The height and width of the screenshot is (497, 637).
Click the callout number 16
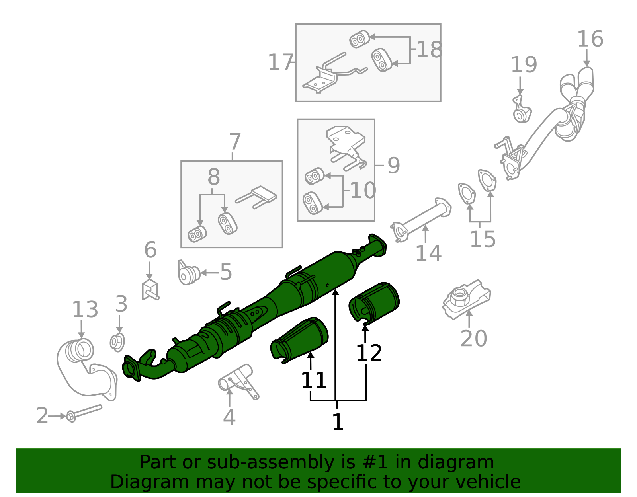(590, 39)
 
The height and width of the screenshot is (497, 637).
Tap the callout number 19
(524, 64)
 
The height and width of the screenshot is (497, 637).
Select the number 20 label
(473, 339)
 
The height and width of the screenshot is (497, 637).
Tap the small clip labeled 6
(150, 290)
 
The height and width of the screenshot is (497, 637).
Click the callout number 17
(281, 62)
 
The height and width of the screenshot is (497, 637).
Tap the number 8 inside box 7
(213, 177)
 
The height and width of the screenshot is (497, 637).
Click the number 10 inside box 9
(363, 190)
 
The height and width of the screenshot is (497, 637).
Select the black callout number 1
(338, 422)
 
